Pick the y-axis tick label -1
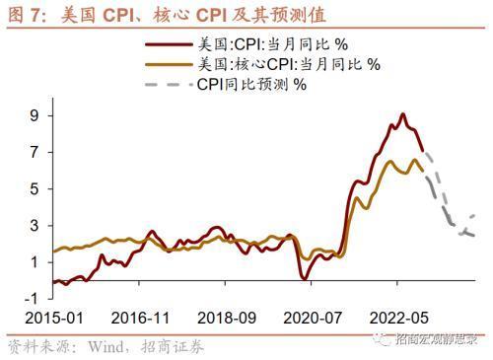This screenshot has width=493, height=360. coord(32,298)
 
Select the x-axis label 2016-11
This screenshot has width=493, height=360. coord(140,318)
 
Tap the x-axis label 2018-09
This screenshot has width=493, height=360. coord(226,318)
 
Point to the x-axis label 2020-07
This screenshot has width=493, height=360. coord(312,318)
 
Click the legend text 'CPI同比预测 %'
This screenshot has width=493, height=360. coord(252,83)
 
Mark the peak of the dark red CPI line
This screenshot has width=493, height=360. coord(402,114)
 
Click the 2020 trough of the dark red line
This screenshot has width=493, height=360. coord(305,279)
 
